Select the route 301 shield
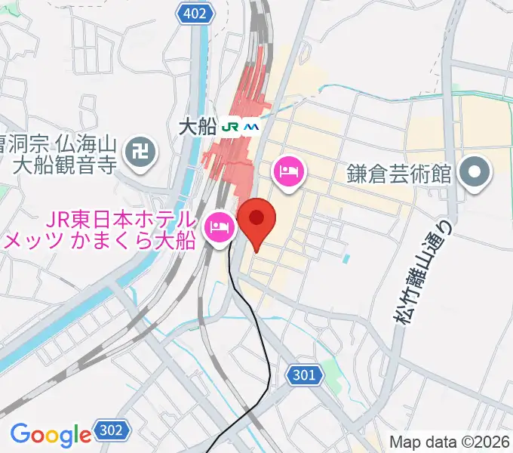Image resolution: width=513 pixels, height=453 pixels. pos(303,374)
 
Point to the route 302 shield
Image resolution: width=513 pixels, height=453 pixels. pos(109,432)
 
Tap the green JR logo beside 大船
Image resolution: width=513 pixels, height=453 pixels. pos(232,126)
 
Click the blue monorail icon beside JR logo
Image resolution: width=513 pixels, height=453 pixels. pos(251,126)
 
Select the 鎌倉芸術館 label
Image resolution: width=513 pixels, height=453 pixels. pos(401,174)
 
